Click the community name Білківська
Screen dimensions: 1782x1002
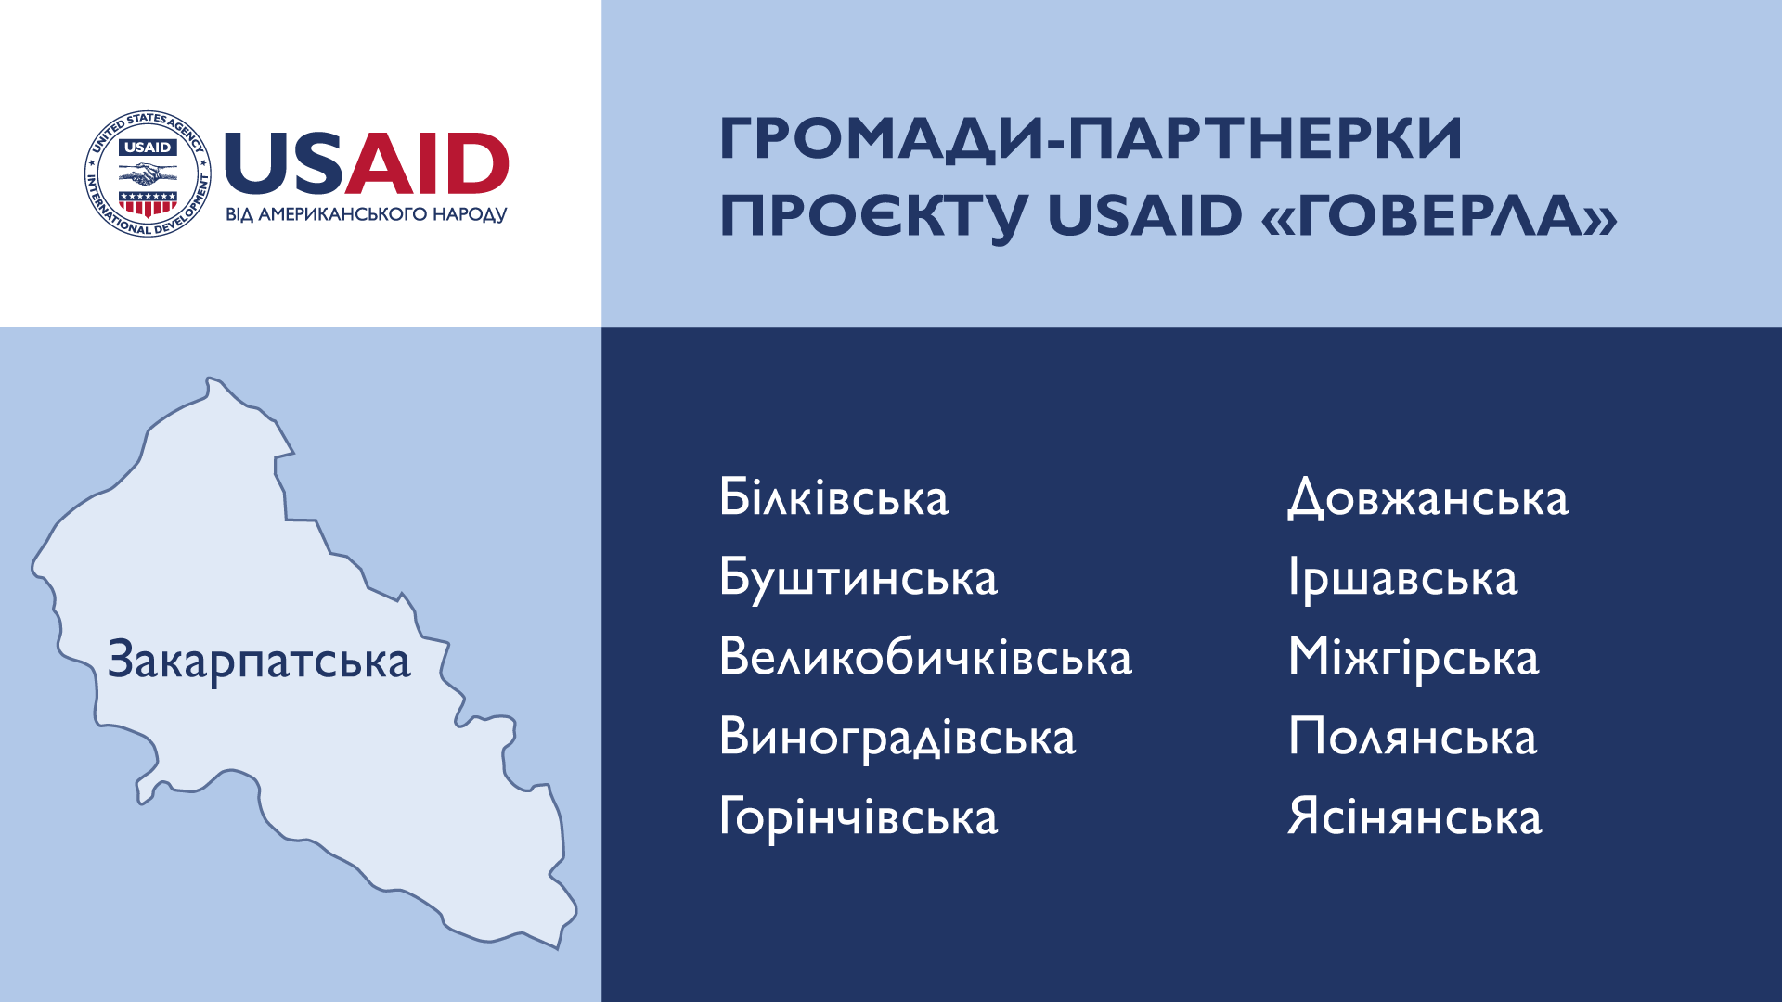coord(833,497)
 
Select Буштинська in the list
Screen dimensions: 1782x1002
coord(859,578)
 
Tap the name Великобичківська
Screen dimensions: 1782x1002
coord(925,657)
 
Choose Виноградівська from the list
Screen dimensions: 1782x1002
coord(897,738)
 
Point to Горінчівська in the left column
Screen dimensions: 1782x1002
coord(859,817)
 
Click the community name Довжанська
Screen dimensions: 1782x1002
coord(1427,498)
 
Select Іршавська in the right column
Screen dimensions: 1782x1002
coord(1402,578)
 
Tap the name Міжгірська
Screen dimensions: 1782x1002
coord(1414,658)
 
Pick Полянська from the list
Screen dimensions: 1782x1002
coord(1413,738)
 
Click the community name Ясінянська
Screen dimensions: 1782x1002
coord(1414,817)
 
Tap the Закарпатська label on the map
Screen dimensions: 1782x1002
coord(259,661)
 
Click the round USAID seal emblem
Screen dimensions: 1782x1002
coord(148,173)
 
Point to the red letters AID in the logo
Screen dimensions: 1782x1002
coord(428,164)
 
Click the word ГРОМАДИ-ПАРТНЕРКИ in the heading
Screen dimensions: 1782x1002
coord(1091,140)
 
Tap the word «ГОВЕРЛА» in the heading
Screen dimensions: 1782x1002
coord(1440,215)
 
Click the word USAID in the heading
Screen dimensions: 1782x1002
coord(1144,215)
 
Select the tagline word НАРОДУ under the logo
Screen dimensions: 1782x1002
coord(471,214)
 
